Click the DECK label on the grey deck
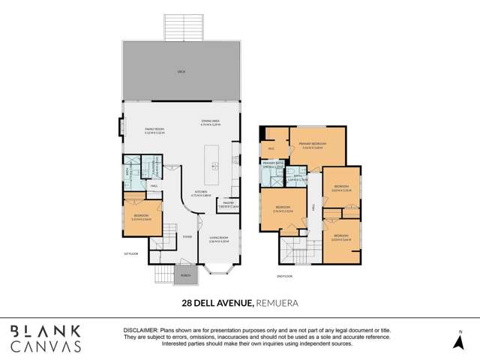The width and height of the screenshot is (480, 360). coord(181,71)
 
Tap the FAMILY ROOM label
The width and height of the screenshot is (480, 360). coord(154,130)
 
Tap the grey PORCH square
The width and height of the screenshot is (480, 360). coord(184,275)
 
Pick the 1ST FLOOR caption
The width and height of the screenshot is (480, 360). coord(131,255)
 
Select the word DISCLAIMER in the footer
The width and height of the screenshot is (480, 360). coord(140,330)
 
